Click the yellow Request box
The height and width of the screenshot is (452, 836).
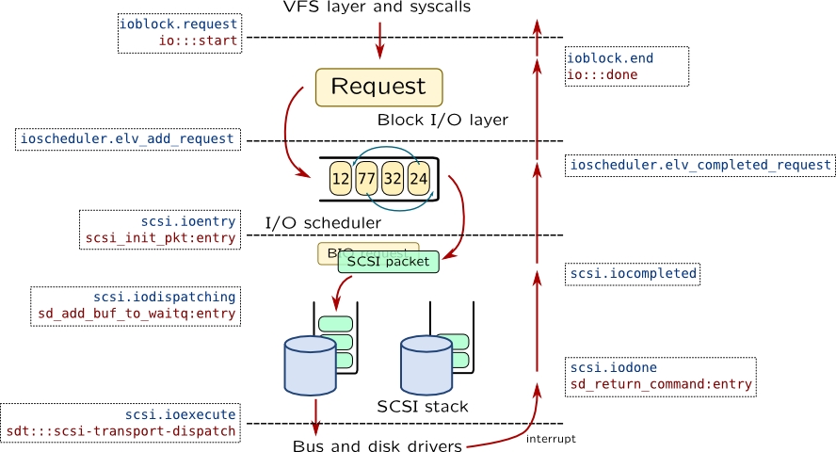tap(378, 87)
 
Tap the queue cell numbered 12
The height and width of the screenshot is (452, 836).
tap(341, 177)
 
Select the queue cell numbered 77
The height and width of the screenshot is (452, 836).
tap(367, 177)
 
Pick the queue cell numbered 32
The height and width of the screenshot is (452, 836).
tap(394, 177)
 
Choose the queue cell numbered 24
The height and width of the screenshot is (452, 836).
tap(419, 177)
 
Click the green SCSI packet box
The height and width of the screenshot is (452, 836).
tap(388, 262)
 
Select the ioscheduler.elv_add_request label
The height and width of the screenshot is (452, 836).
tap(127, 139)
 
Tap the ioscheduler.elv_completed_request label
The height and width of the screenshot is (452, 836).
tap(699, 166)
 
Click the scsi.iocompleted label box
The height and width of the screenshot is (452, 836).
tap(633, 274)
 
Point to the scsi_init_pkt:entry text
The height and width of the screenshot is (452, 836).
tap(160, 238)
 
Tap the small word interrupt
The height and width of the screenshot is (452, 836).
tap(550, 439)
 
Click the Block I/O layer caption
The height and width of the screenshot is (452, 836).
tap(442, 121)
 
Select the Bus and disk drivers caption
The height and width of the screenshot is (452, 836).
tap(377, 446)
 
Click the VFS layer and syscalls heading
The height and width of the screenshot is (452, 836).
tap(377, 8)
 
